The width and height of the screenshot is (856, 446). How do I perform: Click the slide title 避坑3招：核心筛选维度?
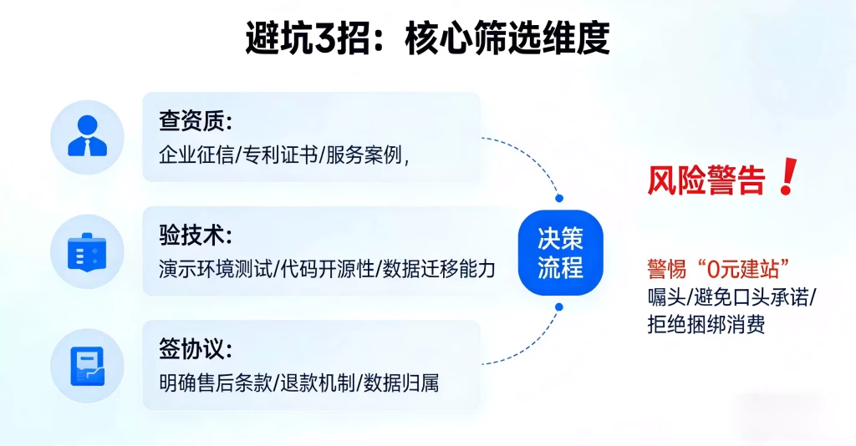427,37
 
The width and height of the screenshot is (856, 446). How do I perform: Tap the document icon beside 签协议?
87,365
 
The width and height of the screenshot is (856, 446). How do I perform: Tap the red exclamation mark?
786,179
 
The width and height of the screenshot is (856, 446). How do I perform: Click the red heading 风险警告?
706,180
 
